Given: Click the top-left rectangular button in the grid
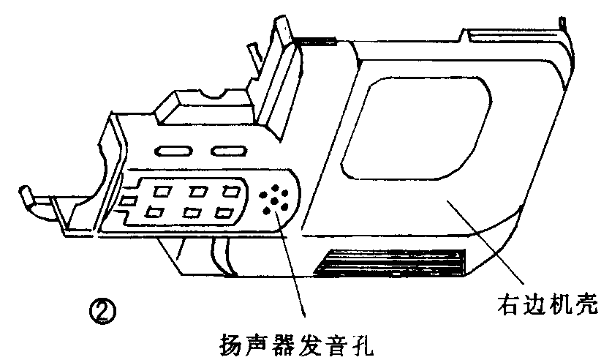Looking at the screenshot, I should (x=162, y=192).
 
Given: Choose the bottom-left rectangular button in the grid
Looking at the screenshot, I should (x=154, y=213).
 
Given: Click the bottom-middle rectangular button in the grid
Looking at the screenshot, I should (x=190, y=213).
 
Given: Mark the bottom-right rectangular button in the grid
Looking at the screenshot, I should (x=224, y=213).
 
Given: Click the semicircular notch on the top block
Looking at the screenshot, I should (x=216, y=94).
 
